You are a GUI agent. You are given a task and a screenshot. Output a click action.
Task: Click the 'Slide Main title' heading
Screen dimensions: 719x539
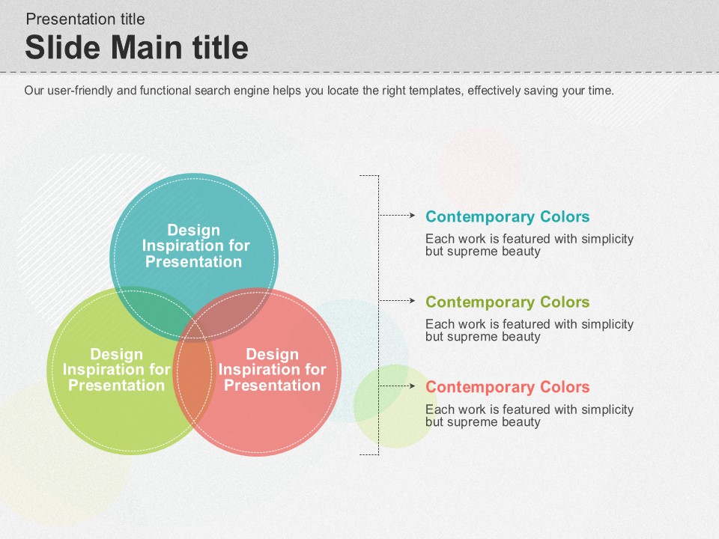point(136,47)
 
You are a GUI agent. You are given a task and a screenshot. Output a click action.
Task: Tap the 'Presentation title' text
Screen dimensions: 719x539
point(85,19)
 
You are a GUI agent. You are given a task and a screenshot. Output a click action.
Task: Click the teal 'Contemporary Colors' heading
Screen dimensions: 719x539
point(507,216)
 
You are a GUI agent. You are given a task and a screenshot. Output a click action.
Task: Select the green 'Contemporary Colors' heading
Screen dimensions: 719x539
point(507,302)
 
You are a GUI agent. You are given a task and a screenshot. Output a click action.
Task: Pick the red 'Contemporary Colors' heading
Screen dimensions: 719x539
point(507,387)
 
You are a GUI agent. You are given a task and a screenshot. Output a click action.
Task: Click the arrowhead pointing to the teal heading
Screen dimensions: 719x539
point(412,215)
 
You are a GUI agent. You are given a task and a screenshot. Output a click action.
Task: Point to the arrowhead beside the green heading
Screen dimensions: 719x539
point(412,301)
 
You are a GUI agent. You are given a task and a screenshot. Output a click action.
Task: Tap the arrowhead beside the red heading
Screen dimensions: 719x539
point(412,386)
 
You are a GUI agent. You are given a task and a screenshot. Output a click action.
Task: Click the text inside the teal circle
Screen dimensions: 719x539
point(195,246)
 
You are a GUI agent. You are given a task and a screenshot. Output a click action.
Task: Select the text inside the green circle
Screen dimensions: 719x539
point(117,369)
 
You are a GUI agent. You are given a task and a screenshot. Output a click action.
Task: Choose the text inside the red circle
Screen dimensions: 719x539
point(273,369)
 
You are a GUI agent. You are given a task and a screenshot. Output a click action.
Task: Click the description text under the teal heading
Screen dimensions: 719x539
point(530,245)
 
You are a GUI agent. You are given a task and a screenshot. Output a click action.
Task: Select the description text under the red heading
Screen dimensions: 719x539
point(530,415)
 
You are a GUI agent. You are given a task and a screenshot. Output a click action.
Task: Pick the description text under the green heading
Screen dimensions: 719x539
point(530,330)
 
